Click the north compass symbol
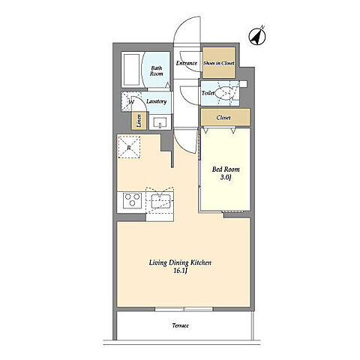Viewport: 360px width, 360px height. pos(257,37)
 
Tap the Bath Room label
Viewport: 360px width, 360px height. pos(157,70)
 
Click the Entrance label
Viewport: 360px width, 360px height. pos(187,63)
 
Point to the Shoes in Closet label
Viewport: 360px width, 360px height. pos(219,63)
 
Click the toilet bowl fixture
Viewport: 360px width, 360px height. pos(224,93)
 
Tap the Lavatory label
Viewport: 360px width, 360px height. pos(157,101)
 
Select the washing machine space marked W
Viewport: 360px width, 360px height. pos(130,101)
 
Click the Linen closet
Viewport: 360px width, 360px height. pos(139,121)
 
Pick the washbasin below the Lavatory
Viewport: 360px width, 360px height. pos(160,122)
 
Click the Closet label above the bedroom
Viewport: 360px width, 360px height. pos(223,118)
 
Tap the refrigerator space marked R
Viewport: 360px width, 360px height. pos(129,147)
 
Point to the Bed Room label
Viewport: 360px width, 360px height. pos(226,169)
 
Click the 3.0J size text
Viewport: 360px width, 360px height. pos(226,178)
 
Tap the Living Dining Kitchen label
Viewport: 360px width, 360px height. pos(180,262)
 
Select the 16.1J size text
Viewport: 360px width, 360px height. pos(180,271)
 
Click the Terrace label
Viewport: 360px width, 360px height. pos(180,325)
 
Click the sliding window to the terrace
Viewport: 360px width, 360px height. pos(184,309)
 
